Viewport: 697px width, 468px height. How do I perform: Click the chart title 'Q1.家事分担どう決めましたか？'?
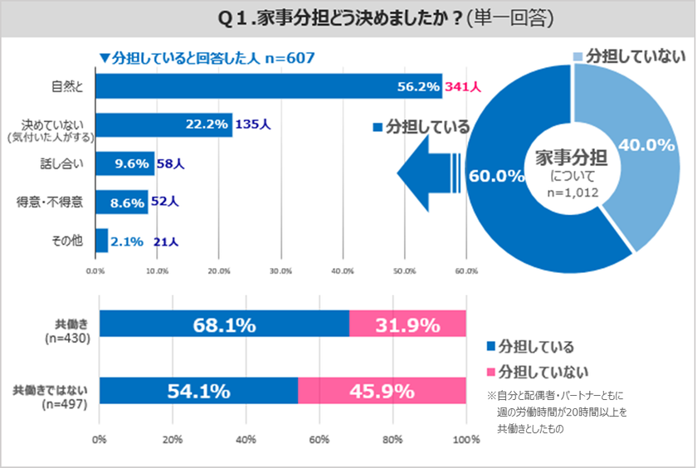[x=348, y=17]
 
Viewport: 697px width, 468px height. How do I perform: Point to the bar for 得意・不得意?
[x=122, y=202]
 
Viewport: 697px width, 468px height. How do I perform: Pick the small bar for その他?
[x=101, y=241]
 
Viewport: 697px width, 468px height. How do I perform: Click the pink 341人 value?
[x=465, y=86]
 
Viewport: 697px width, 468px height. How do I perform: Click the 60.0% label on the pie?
[x=495, y=176]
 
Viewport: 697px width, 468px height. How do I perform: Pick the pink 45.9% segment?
[x=382, y=389]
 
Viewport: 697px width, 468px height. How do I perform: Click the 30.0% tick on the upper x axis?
[x=280, y=271]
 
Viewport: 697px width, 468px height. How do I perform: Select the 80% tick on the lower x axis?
[x=392, y=439]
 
